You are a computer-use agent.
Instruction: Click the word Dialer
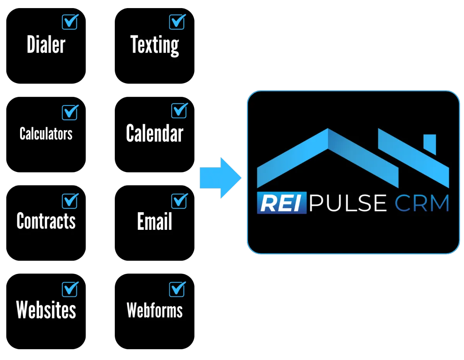(x=46, y=44)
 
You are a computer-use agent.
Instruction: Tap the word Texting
(x=155, y=45)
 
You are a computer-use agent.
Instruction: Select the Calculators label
(x=46, y=134)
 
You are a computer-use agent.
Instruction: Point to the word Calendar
(x=155, y=134)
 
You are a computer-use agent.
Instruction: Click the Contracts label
(x=46, y=221)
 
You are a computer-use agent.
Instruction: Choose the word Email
(x=155, y=222)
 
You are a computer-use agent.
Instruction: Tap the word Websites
(x=46, y=310)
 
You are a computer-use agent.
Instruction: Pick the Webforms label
(x=155, y=310)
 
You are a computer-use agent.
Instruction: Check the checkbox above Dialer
(x=70, y=22)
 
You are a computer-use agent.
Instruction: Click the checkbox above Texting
(x=177, y=22)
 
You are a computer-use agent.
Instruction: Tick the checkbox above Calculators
(x=70, y=112)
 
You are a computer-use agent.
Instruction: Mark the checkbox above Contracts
(x=70, y=201)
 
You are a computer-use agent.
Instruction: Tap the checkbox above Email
(x=179, y=201)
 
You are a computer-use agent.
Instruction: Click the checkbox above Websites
(x=70, y=289)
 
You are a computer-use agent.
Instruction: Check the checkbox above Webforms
(x=177, y=289)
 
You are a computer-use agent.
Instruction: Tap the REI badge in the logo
(x=281, y=203)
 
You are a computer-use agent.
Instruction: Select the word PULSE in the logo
(x=348, y=203)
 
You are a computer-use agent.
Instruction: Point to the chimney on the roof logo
(x=430, y=144)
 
